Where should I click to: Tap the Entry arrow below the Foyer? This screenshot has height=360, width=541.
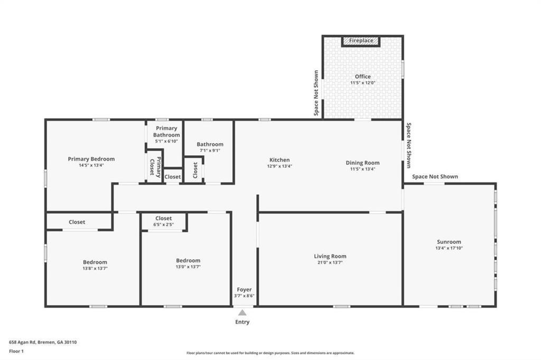click(242, 312)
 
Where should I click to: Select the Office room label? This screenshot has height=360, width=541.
click(362, 77)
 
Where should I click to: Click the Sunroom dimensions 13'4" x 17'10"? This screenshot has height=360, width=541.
click(449, 248)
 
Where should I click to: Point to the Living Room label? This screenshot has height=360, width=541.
click(330, 257)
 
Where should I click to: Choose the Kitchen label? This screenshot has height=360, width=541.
click(279, 160)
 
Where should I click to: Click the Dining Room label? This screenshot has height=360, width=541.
click(362, 163)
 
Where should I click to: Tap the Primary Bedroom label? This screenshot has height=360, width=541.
click(91, 159)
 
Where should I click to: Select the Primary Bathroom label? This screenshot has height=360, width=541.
click(166, 131)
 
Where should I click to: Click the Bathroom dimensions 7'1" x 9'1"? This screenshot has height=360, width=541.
click(210, 150)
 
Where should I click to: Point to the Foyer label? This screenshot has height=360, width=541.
click(244, 289)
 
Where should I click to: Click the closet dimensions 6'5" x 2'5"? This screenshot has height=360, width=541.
click(163, 225)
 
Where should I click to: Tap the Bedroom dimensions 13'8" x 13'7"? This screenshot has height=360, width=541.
click(95, 269)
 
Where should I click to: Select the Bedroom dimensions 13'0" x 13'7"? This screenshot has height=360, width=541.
click(188, 267)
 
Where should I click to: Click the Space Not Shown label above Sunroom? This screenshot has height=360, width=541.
click(435, 177)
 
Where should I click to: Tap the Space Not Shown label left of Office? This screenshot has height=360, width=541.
click(316, 93)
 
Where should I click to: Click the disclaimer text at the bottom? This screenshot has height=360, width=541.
click(270, 353)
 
